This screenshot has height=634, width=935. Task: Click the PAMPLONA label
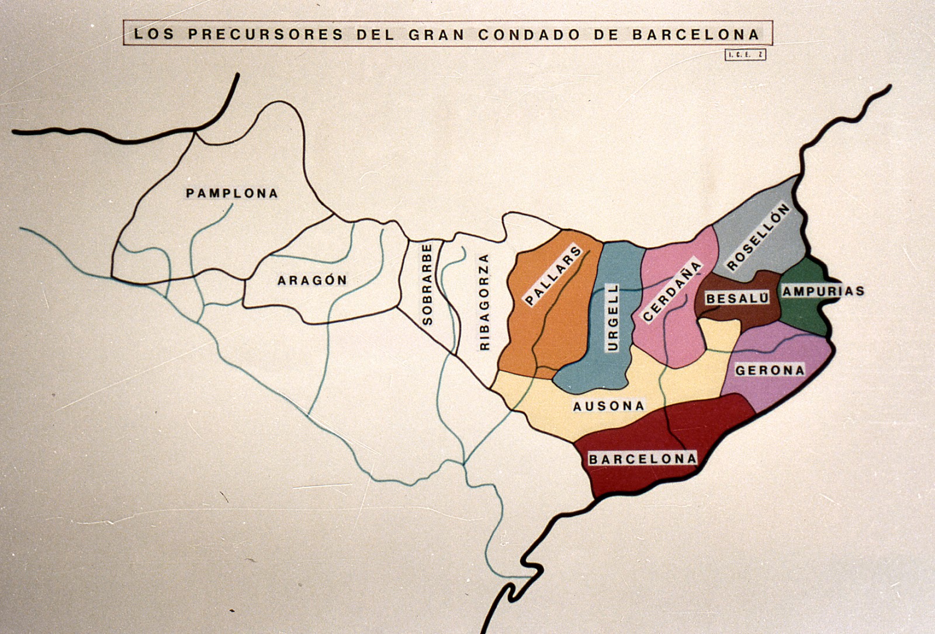click(232, 193)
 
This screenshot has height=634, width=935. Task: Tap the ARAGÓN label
click(312, 280)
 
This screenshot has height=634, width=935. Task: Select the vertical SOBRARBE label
click(427, 285)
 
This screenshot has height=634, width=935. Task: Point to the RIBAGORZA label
click(484, 302)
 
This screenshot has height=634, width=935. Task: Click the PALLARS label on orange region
click(553, 276)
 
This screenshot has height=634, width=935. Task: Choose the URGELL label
click(612, 317)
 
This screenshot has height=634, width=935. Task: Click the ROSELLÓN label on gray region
click(758, 237)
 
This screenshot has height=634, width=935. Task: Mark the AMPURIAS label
click(823, 291)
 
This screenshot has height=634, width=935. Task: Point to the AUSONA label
click(608, 406)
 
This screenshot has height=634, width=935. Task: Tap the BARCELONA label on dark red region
click(642, 459)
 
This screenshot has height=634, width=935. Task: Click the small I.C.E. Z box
click(745, 55)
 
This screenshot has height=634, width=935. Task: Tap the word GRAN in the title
click(436, 34)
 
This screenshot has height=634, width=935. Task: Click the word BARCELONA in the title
click(695, 34)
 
